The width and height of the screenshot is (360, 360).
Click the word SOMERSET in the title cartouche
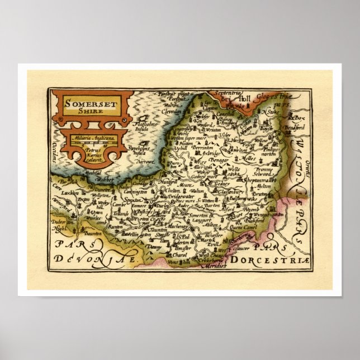click(84, 102)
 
